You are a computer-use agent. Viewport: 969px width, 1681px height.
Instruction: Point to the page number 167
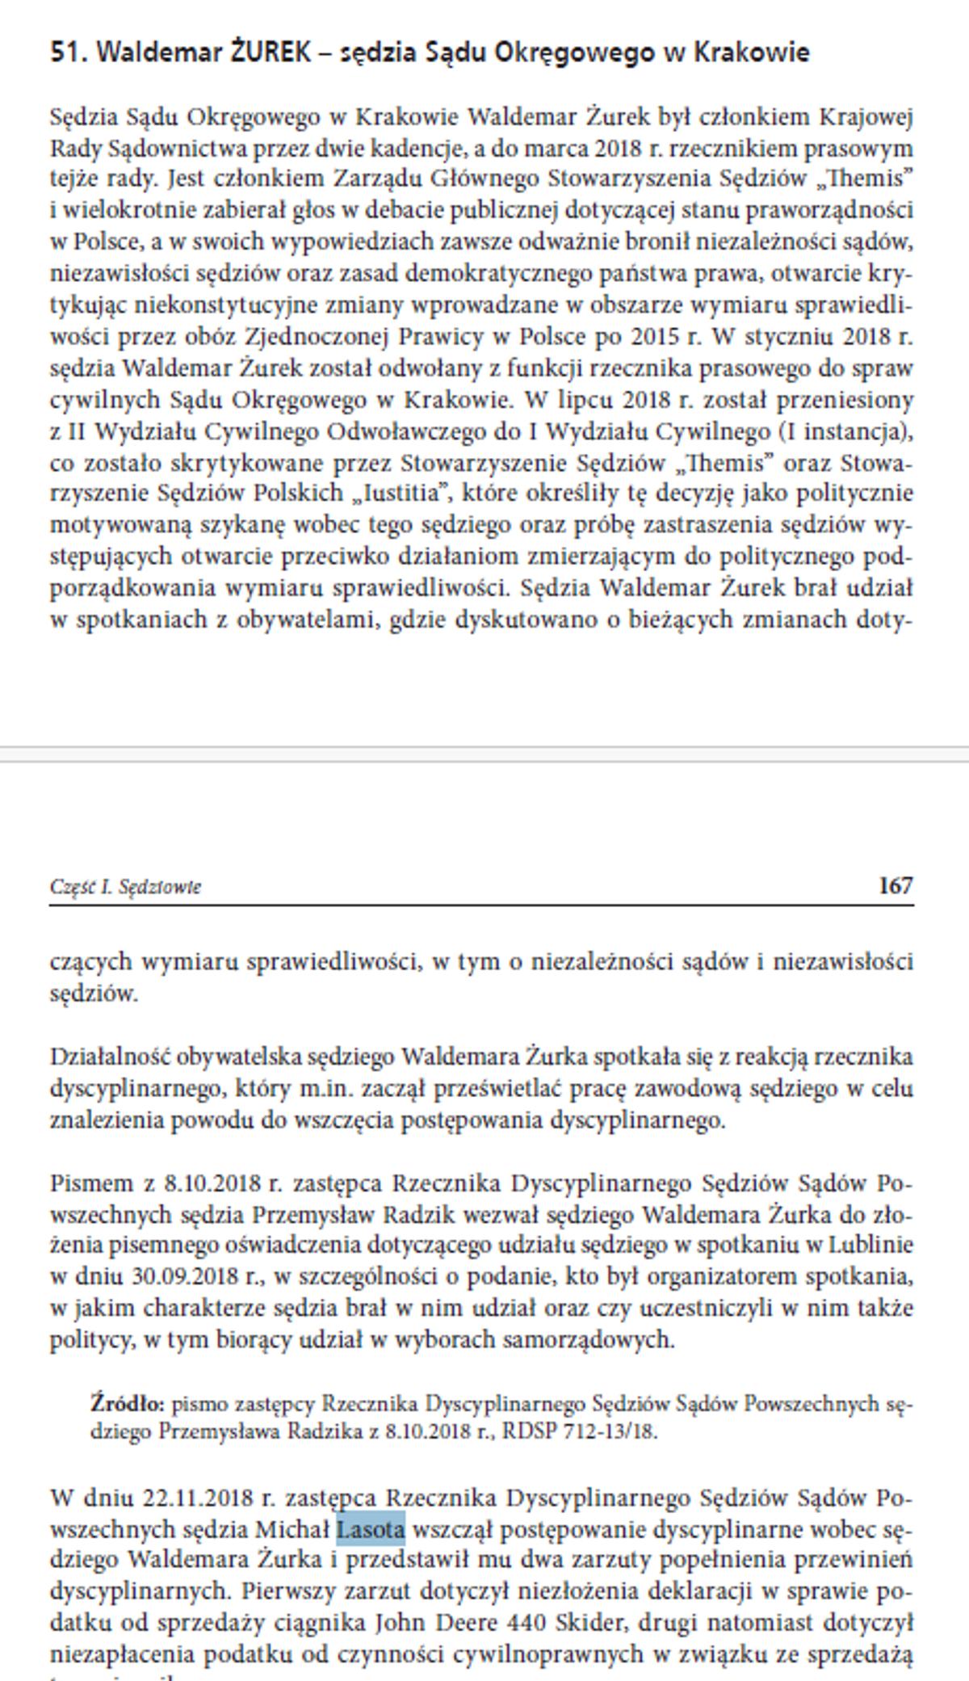896,886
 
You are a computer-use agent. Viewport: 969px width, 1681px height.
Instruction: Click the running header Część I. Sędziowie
125,887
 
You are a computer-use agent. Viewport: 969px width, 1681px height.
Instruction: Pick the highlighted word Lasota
371,1530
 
